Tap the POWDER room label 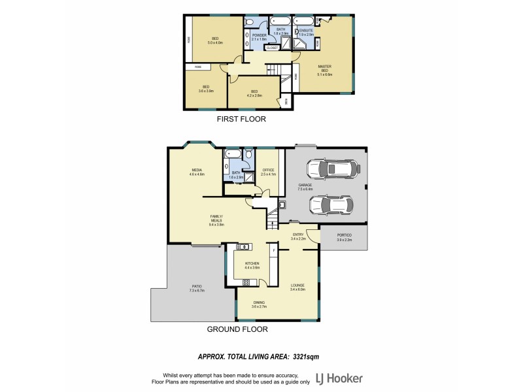point(258,37)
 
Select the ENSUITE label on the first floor point(306,31)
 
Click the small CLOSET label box point(272,48)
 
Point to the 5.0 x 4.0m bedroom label point(215,40)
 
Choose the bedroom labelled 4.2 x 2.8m point(254,93)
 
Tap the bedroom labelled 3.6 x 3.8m point(205,89)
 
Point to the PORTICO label point(344,237)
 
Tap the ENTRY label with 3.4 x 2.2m point(298,237)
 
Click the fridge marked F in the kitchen point(273,250)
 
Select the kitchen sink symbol point(243,246)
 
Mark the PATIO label point(197,287)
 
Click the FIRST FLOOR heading point(241,120)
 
